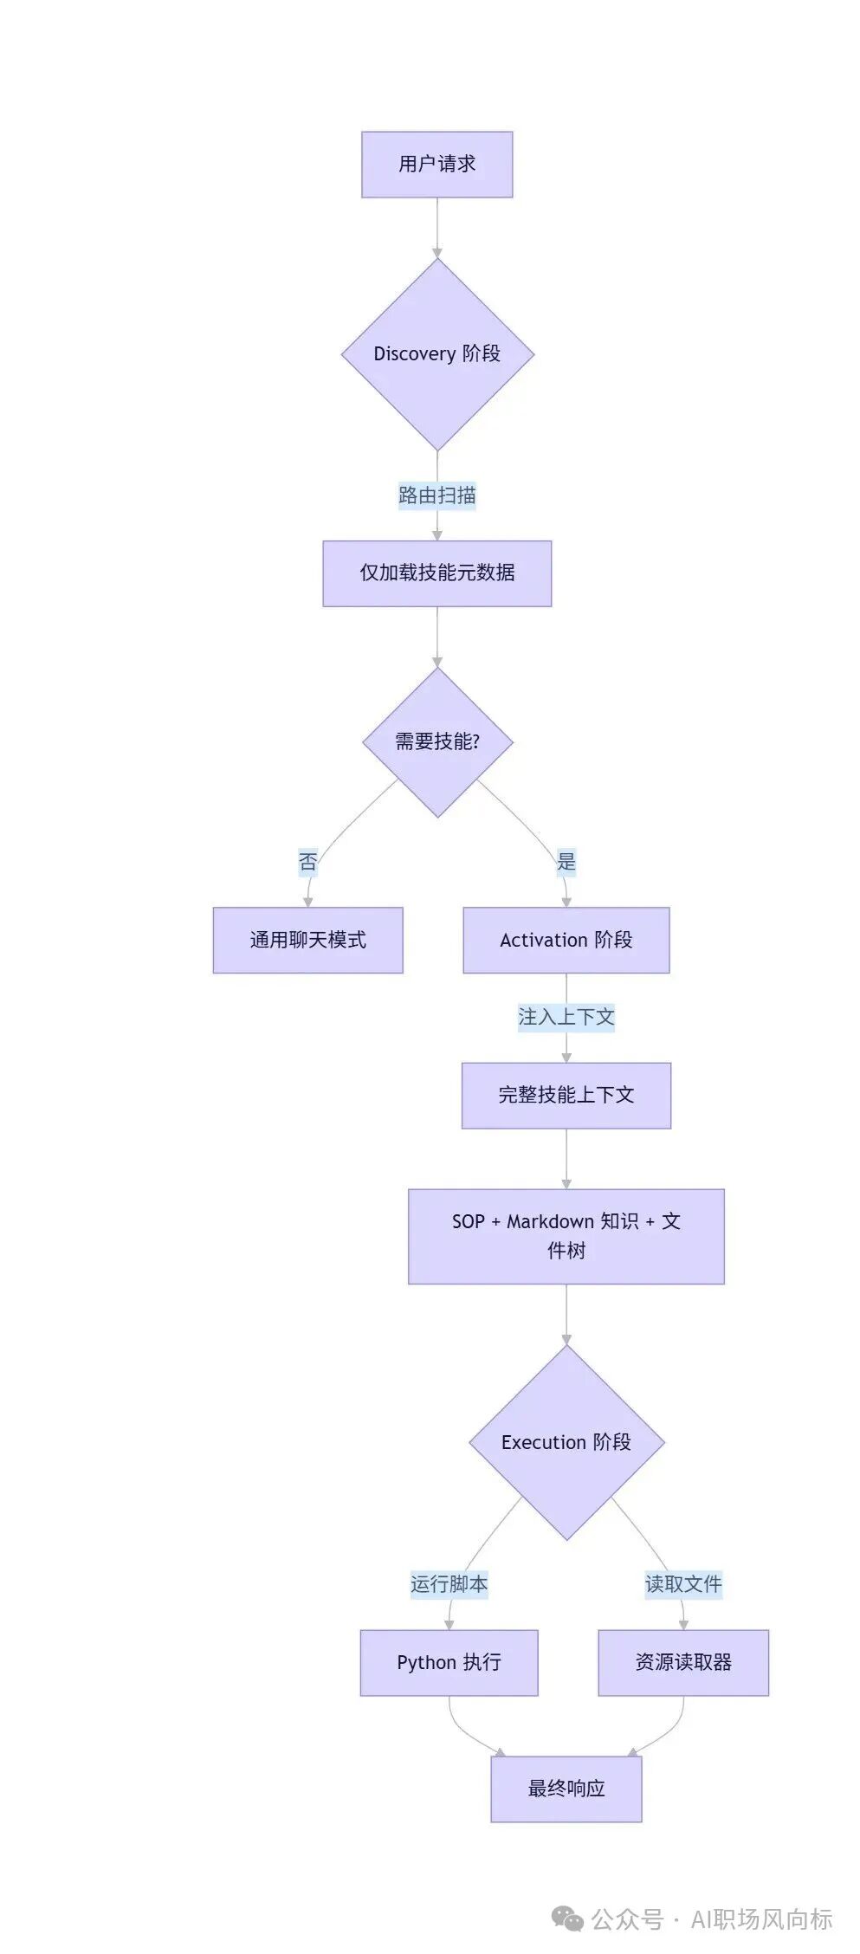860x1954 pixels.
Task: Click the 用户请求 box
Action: click(x=436, y=165)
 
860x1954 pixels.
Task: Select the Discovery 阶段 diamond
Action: click(x=436, y=353)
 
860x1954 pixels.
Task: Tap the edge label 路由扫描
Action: click(x=436, y=495)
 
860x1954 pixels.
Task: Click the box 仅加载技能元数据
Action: click(x=436, y=573)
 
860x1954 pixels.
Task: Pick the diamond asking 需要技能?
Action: click(x=436, y=741)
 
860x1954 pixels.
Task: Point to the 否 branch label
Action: click(x=307, y=862)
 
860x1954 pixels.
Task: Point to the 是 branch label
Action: click(x=566, y=862)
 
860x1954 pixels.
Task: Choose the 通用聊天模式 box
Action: click(x=307, y=940)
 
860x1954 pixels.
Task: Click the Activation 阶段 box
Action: click(x=566, y=940)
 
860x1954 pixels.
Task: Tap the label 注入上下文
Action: click(x=566, y=1017)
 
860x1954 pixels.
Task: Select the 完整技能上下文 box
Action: click(x=566, y=1095)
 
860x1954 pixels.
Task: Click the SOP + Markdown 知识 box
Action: click(x=566, y=1236)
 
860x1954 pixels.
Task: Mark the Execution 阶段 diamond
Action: click(x=566, y=1442)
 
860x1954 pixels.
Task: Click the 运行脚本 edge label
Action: click(x=449, y=1584)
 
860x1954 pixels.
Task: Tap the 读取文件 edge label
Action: click(x=682, y=1584)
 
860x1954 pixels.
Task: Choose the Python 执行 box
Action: click(x=449, y=1662)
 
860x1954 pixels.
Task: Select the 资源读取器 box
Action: click(x=682, y=1662)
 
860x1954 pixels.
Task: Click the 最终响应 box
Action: click(x=566, y=1789)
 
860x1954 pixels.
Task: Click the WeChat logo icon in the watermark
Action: click(x=567, y=1919)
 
